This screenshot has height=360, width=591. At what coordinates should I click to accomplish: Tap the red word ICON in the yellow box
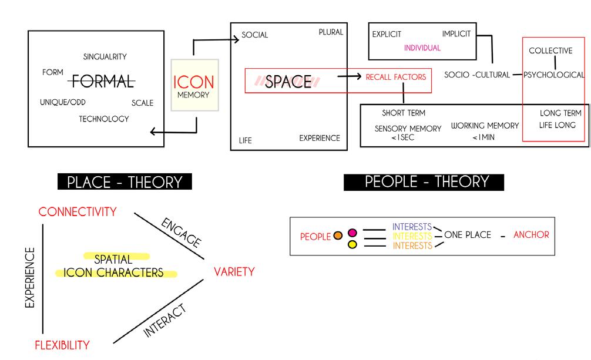[x=193, y=82]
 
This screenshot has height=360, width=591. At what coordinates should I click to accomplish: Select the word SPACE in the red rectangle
[x=288, y=82]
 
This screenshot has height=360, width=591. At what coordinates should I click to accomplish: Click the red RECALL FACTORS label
[x=396, y=76]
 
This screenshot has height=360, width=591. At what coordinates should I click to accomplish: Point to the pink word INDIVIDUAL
[x=422, y=48]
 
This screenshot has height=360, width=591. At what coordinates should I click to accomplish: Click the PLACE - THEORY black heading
[x=125, y=182]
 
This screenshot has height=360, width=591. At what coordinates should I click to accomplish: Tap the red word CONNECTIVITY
[x=78, y=212]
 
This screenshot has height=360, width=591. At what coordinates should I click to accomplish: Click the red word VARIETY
[x=234, y=272]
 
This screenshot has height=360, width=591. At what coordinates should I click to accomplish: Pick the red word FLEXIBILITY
[x=62, y=345]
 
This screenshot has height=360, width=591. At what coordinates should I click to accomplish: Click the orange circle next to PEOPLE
[x=337, y=236]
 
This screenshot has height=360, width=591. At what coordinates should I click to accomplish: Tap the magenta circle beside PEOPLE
[x=352, y=233]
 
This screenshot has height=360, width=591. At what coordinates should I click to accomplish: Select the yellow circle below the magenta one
[x=352, y=244]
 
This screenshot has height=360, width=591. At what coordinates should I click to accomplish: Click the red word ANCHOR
[x=531, y=235]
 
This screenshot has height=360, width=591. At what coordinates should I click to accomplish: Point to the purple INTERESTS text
[x=412, y=227]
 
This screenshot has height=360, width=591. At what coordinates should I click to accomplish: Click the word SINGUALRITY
[x=105, y=57]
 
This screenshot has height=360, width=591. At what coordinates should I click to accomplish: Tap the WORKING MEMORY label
[x=485, y=126]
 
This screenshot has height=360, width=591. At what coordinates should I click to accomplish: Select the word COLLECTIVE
[x=550, y=51]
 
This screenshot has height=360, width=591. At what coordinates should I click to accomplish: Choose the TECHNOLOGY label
[x=104, y=119]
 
